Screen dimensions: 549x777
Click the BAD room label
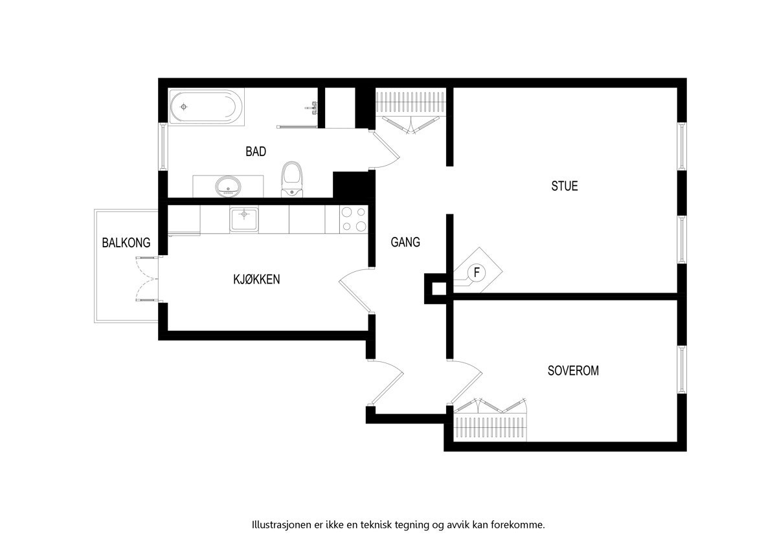pyautogui.click(x=256, y=151)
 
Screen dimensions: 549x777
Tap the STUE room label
pyautogui.click(x=564, y=186)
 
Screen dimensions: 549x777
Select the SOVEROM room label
pyautogui.click(x=573, y=371)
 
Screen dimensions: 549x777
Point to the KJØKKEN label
pyautogui.click(x=256, y=280)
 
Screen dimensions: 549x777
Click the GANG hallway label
pyautogui.click(x=405, y=242)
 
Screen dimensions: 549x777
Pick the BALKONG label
pyautogui.click(x=126, y=243)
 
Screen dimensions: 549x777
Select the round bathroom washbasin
pyautogui.click(x=227, y=186)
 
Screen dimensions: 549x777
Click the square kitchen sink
pyautogui.click(x=243, y=219)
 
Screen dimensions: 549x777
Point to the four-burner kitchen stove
pyautogui.click(x=354, y=219)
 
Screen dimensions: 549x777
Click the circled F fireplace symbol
pyautogui.click(x=477, y=273)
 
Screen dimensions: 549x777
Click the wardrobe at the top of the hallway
pyautogui.click(x=411, y=104)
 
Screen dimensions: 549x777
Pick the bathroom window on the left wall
pyautogui.click(x=163, y=146)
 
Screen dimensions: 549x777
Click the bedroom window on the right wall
pyautogui.click(x=682, y=369)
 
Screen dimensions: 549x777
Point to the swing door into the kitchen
pyautogui.click(x=355, y=291)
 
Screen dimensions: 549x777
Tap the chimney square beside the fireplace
pyautogui.click(x=435, y=288)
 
